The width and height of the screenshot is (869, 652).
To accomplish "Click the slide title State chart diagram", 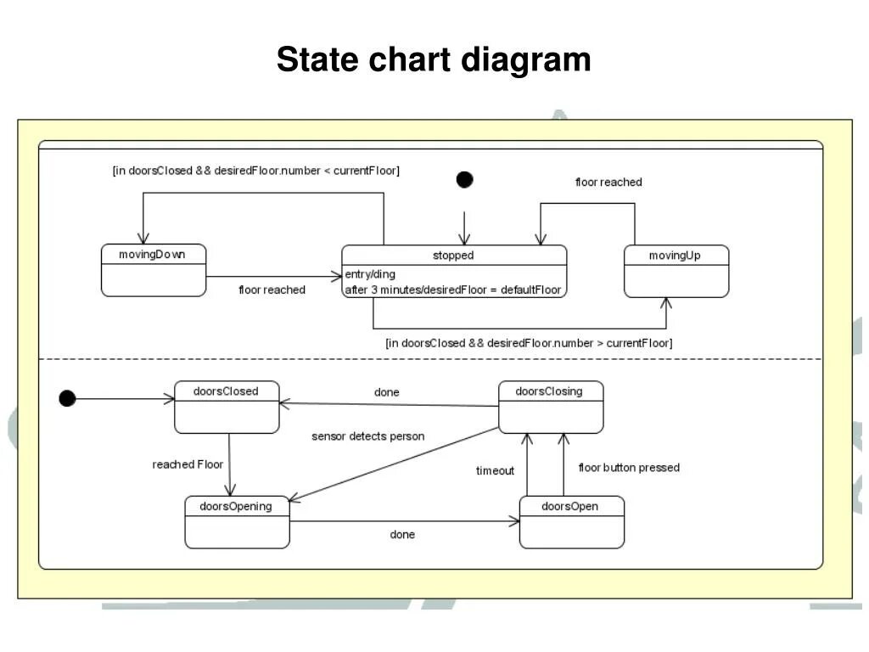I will point(434,60).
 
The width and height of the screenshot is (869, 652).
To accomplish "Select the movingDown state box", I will point(154,270).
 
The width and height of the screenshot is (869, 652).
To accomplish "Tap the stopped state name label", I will point(453,256).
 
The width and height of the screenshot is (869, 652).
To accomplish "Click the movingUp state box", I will point(676,271).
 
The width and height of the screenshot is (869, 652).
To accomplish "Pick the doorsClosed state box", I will point(227,407).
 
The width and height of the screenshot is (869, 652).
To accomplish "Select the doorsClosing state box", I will point(550,407).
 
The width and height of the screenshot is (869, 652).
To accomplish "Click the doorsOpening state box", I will point(237,522).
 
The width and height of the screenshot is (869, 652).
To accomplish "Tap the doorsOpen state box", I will point(570,522).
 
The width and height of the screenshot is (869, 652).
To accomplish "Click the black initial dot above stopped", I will point(464,179).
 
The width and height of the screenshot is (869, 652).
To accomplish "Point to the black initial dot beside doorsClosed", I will point(67,398).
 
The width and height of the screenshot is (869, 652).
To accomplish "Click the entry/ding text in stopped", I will point(370,274).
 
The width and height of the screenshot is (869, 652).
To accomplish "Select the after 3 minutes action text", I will point(452,289).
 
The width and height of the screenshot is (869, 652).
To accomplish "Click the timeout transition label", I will point(495,470).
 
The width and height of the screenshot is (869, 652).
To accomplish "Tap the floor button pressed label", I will point(629,468).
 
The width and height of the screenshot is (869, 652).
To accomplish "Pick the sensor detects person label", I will point(367,436).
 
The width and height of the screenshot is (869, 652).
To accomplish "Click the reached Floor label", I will point(188,464).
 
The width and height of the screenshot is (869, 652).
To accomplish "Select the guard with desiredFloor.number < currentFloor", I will point(255,171).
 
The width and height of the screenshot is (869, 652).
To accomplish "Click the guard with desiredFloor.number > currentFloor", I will point(528,343).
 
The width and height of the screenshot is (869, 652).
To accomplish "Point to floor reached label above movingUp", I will point(608,183).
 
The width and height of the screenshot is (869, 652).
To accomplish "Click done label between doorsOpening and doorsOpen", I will point(402,535).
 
